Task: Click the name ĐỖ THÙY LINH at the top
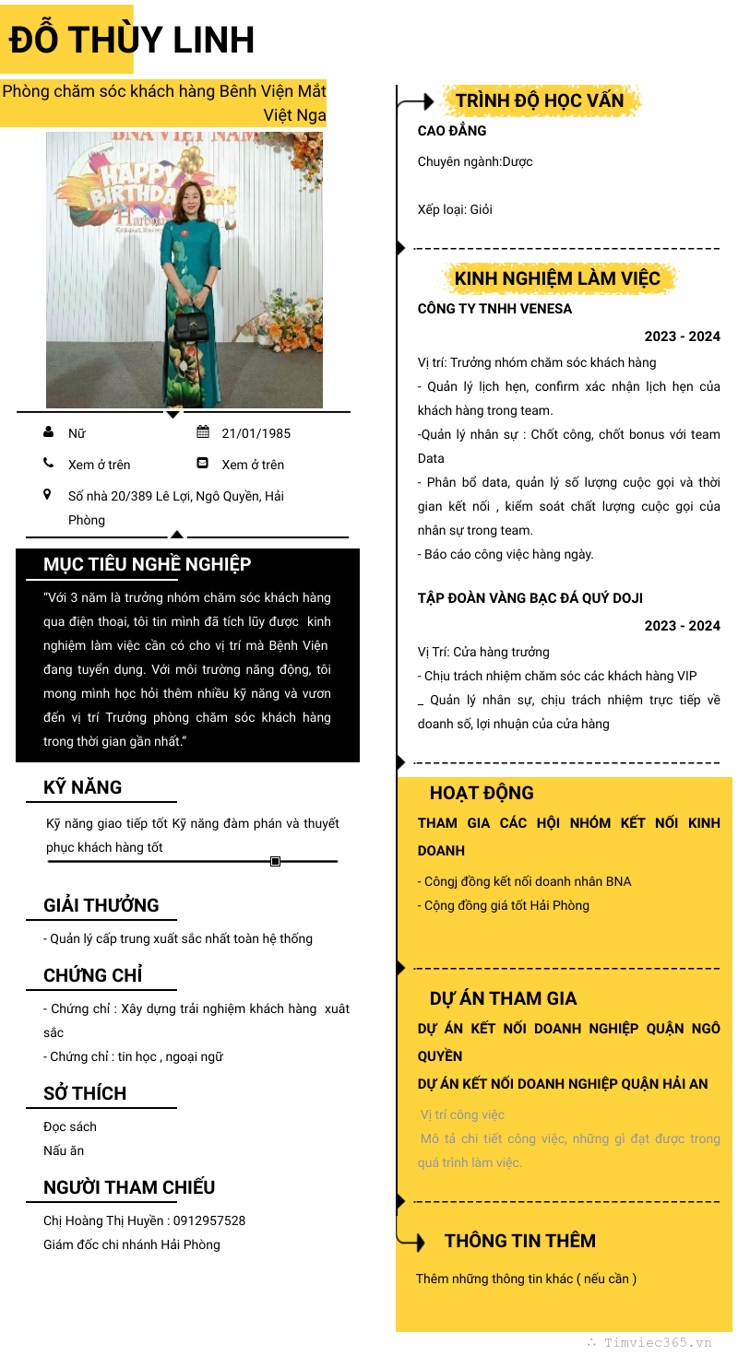(x=132, y=41)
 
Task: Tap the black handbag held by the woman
(x=191, y=323)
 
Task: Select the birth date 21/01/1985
(x=256, y=433)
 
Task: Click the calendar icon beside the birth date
(x=203, y=432)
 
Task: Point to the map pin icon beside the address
(x=48, y=495)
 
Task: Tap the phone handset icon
(x=49, y=464)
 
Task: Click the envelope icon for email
(x=203, y=464)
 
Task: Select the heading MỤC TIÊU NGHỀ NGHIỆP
(x=147, y=564)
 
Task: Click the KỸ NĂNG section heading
(x=82, y=787)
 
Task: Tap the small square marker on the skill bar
(x=275, y=861)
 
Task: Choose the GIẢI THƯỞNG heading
(x=101, y=905)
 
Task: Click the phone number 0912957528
(x=209, y=1220)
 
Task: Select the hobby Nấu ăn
(x=64, y=1150)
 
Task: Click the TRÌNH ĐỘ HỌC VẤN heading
(x=540, y=100)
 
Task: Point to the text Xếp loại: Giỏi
(x=455, y=209)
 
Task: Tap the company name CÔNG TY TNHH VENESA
(x=494, y=309)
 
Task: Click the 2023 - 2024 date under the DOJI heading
(x=682, y=626)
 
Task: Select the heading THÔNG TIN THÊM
(x=519, y=1241)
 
